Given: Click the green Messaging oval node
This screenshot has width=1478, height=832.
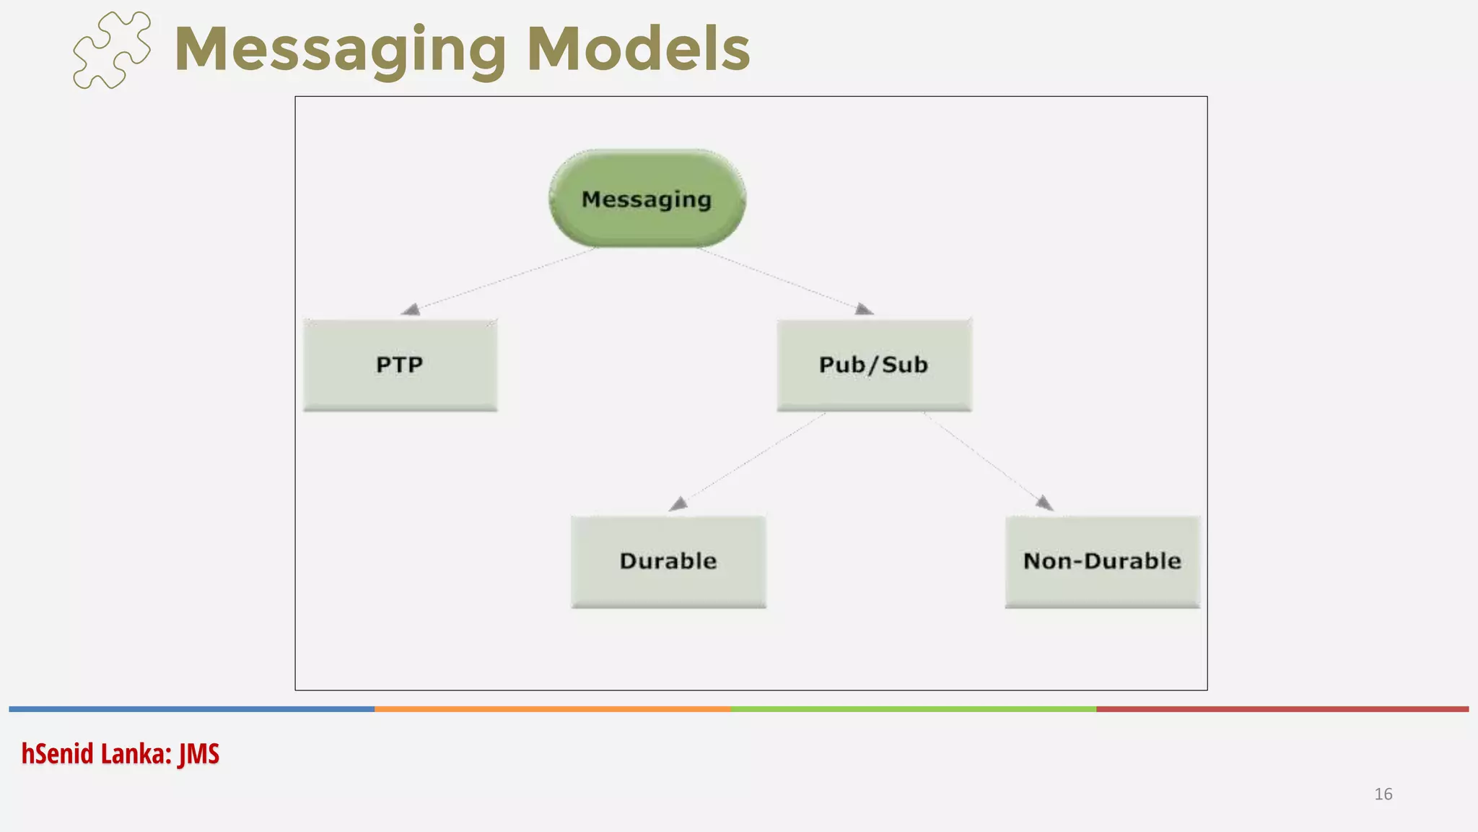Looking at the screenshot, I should (x=647, y=199).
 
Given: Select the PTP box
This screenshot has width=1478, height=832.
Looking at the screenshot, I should (x=400, y=365).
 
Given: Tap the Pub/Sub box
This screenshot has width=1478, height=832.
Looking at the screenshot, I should (x=874, y=365).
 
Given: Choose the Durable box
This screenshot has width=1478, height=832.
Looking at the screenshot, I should (x=668, y=561).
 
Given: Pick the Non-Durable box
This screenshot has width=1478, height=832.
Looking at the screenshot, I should (x=1102, y=561).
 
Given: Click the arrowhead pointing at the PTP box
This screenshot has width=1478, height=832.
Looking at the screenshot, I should (x=411, y=310).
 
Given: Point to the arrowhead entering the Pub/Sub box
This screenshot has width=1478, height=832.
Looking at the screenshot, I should (x=863, y=309).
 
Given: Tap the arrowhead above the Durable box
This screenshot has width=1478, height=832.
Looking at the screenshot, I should (x=678, y=503).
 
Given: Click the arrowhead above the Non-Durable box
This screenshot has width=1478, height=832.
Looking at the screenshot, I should (x=1044, y=502).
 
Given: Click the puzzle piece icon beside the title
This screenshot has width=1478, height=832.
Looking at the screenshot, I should (x=112, y=50).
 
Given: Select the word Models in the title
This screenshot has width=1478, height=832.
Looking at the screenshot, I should (x=639, y=49).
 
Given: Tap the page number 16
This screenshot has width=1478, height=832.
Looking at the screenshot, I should (x=1383, y=794).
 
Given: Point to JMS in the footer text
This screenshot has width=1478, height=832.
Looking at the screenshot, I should (x=199, y=754).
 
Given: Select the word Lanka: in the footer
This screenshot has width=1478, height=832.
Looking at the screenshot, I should (x=136, y=754).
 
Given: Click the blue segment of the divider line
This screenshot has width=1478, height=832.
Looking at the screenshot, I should (x=191, y=709).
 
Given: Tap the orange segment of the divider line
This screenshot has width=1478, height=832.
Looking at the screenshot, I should (x=552, y=709).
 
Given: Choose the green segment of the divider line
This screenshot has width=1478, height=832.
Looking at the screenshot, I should (x=913, y=709).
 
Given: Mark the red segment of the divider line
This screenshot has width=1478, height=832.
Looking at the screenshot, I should (x=1282, y=709).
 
